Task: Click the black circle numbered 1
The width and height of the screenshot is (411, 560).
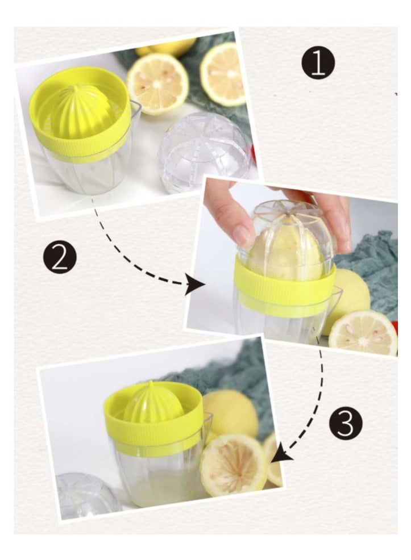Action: [x=318, y=63]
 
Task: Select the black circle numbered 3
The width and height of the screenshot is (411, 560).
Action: [x=346, y=423]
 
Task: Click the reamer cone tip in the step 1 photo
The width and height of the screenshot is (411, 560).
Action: [x=76, y=89]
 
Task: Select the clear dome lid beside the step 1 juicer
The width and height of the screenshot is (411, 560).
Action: [x=204, y=152]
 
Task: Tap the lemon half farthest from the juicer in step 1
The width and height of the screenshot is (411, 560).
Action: [x=223, y=74]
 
